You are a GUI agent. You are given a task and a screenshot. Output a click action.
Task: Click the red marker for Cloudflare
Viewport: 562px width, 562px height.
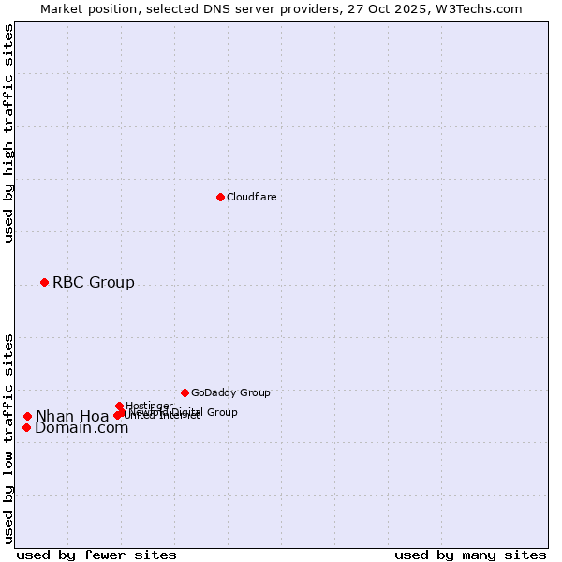pos(220,197)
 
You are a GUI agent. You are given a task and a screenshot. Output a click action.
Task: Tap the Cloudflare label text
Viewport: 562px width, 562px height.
pos(251,197)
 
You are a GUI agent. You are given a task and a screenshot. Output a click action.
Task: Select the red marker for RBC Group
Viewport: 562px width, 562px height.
pos(44,282)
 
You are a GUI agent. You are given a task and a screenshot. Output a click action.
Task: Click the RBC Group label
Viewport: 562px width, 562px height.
pos(93,282)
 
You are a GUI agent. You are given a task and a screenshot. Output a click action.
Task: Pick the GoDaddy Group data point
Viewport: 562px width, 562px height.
pos(185,392)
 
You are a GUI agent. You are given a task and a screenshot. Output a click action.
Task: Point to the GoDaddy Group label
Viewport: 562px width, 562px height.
pos(230,392)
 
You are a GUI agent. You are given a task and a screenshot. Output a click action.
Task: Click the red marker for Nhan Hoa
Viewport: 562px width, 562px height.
pos(28,416)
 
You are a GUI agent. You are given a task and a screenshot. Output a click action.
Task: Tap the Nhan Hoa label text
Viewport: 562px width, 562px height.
pos(71,417)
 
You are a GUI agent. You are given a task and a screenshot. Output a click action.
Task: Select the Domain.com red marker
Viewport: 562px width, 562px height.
pos(27,427)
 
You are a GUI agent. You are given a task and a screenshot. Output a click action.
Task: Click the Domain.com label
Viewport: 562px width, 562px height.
pos(81,428)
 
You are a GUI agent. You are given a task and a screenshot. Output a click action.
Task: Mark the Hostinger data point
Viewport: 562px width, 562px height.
pos(119,406)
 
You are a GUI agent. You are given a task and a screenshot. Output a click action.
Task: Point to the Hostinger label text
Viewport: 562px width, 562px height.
pos(149,406)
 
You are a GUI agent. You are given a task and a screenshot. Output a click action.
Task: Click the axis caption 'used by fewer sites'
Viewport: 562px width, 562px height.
pos(96,555)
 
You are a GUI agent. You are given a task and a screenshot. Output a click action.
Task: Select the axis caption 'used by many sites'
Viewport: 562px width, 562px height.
pos(470,555)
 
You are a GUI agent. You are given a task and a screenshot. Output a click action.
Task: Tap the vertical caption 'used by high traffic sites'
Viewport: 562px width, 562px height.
pos(8,133)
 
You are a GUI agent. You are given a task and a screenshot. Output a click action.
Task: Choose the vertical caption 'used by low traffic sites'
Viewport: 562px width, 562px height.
pos(8,437)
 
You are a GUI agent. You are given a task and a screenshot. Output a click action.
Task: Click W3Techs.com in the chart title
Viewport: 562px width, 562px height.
pos(482,8)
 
